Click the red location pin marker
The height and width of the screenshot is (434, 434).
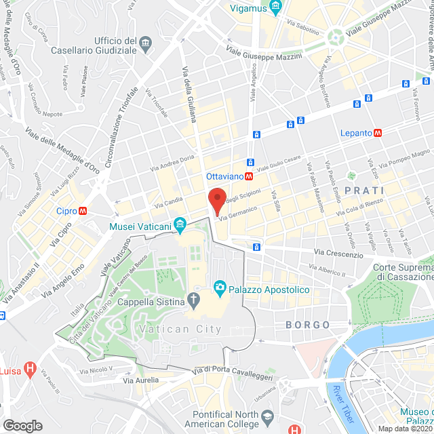(216, 201)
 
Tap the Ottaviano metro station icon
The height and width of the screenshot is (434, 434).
(250, 176)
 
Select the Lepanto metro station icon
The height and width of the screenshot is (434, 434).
(377, 134)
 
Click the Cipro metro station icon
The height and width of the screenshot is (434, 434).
(83, 211)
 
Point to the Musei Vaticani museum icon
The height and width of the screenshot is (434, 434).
(180, 223)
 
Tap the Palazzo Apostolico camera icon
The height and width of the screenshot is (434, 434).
(220, 289)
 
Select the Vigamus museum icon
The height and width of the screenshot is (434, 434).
(275, 7)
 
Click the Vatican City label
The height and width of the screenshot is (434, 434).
(180, 329)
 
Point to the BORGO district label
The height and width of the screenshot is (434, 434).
(308, 325)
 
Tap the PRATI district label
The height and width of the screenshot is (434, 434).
(365, 191)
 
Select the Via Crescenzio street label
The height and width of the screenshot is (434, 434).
(338, 252)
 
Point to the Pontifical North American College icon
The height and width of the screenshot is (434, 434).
(269, 416)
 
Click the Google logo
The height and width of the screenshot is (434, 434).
(22, 425)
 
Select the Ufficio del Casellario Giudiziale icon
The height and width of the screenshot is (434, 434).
(146, 45)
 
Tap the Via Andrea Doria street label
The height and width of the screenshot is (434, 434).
(172, 163)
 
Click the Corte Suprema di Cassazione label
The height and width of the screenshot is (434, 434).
(403, 272)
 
